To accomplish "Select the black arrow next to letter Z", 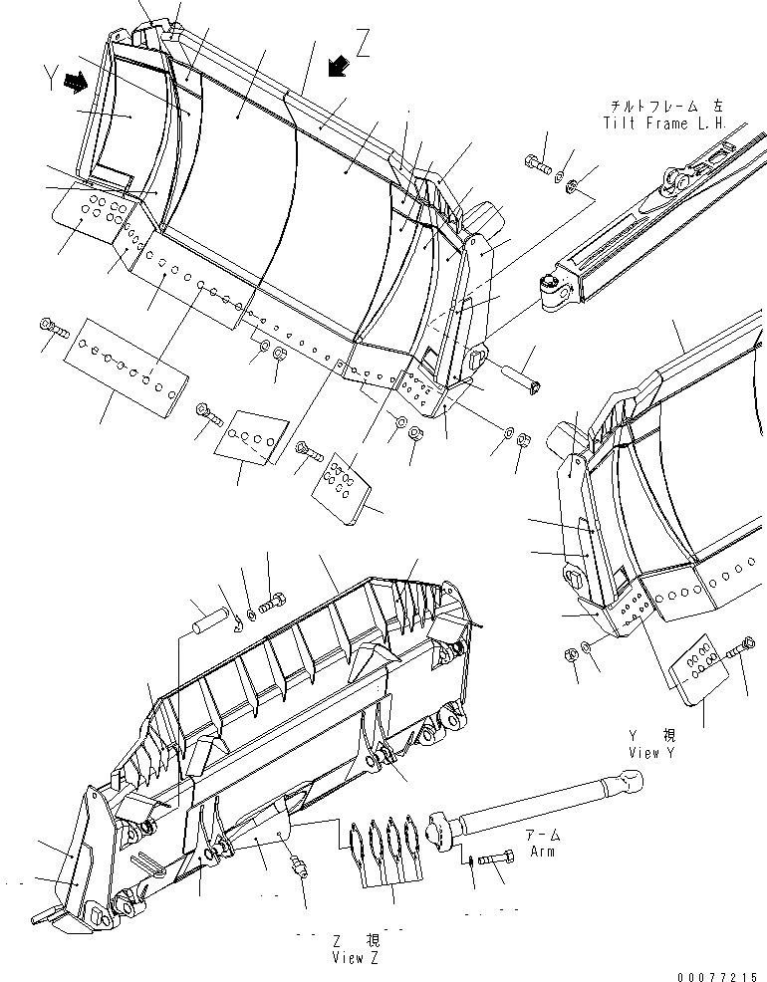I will (x=339, y=66).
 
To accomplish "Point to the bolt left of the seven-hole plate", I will (x=52, y=329).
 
